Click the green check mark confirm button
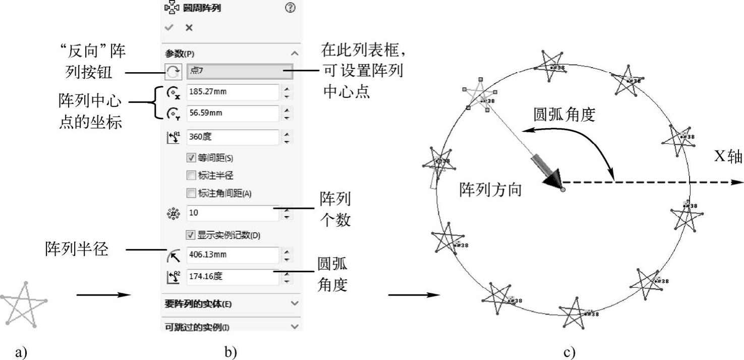[169, 28]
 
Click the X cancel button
[189, 28]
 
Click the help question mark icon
[290, 8]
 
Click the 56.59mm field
[232, 113]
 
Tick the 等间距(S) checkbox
[191, 158]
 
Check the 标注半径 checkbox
[191, 176]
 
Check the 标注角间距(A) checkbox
[191, 193]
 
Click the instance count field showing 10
[232, 213]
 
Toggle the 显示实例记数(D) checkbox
[191, 235]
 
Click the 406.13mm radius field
[232, 255]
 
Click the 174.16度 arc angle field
[232, 277]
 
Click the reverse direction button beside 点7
[173, 72]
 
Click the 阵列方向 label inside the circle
[490, 190]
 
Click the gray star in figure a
[23, 305]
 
